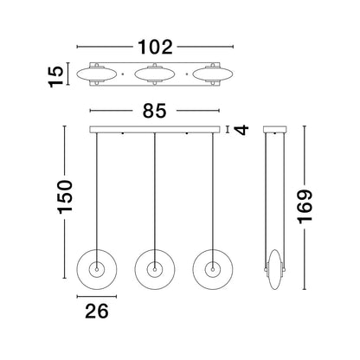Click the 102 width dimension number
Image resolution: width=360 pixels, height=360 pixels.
coord(155,47)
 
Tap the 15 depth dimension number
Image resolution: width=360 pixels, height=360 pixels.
coord(56,76)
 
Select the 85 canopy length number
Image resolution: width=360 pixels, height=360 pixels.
coord(155,111)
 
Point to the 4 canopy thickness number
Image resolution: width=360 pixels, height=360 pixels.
coord(241,130)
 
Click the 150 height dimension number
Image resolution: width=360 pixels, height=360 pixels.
coord(65,197)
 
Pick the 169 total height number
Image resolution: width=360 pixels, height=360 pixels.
coord(305,207)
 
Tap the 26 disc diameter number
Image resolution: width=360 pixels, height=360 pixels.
coord(97,311)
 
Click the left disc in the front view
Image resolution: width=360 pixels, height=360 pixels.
coord(76,269)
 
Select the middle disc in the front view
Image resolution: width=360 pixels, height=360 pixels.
coord(135,269)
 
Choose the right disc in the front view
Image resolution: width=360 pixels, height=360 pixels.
coord(193,269)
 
